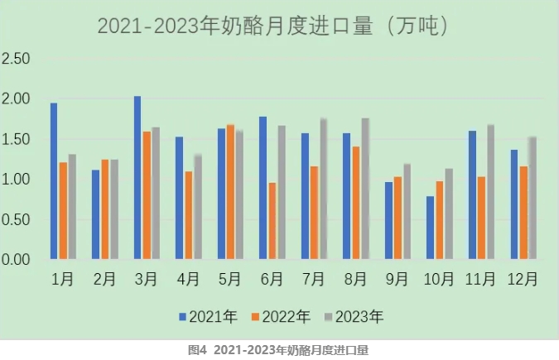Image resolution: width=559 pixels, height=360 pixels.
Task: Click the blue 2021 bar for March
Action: [137, 178]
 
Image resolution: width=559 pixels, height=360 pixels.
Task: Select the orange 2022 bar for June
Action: [272, 221]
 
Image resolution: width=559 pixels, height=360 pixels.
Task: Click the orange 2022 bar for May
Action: [230, 192]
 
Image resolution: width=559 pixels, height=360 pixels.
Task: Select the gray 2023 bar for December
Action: [532, 199]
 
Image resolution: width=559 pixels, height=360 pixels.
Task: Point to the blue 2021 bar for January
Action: [54, 181]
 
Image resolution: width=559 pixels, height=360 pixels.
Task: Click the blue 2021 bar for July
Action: [305, 196]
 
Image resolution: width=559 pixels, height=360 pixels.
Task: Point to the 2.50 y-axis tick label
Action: [16, 60]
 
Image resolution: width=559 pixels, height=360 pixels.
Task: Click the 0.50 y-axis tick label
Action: [16, 220]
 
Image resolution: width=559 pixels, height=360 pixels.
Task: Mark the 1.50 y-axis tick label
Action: [16, 140]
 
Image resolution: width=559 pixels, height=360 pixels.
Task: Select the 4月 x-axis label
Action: [189, 280]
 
